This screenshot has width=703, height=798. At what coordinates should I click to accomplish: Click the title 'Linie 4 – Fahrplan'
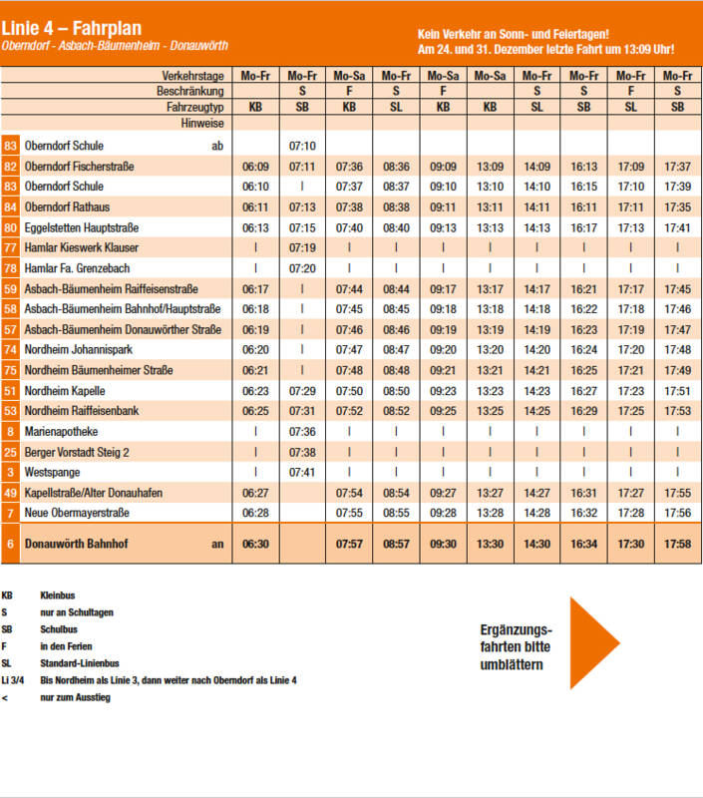[x=71, y=28]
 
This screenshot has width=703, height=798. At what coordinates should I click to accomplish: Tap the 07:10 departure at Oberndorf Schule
[x=302, y=146]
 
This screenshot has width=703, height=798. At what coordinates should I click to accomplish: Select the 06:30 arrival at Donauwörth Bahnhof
[x=255, y=544]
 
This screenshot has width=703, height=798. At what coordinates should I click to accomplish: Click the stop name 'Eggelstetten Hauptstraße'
[x=82, y=227]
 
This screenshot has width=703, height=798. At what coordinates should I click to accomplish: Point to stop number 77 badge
[x=10, y=247]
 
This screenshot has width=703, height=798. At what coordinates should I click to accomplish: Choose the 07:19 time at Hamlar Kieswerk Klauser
[x=302, y=247]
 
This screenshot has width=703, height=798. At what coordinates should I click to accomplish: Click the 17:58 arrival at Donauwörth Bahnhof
[x=677, y=544]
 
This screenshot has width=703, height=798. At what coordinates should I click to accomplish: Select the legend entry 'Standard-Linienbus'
[x=80, y=663]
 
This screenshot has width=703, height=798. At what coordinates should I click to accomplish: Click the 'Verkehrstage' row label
[x=192, y=76]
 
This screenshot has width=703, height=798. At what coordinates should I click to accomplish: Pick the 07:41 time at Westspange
[x=302, y=472]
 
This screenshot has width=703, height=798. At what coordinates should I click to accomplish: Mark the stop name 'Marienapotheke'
[x=61, y=432]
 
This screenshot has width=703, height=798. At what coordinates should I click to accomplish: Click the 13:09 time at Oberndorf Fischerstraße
[x=490, y=167]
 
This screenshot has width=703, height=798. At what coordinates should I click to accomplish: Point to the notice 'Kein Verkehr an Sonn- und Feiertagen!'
[x=514, y=34]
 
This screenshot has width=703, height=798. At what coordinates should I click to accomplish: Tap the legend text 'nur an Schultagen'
[x=77, y=612]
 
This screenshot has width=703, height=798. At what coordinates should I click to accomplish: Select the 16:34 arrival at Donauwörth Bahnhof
[x=584, y=544]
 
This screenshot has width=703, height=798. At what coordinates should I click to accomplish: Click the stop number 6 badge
[x=10, y=544]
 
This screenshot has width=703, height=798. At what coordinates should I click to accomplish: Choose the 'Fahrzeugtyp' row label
[x=194, y=107]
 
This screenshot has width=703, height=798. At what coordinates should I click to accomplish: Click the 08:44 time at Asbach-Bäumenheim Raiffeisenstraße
[x=396, y=289]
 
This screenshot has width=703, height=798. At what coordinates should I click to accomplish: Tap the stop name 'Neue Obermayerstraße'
[x=77, y=513]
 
